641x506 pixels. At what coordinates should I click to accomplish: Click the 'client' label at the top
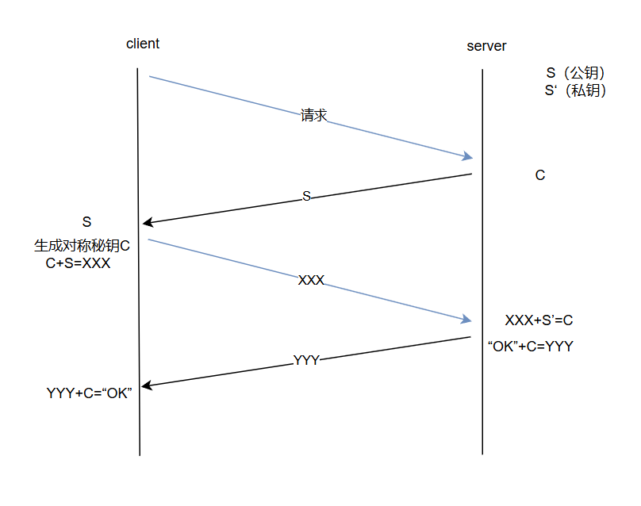click(x=143, y=44)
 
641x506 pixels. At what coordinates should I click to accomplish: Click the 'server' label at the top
click(x=486, y=46)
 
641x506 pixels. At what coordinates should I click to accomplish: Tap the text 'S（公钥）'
click(x=576, y=73)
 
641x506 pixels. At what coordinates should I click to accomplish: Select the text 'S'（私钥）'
click(x=576, y=90)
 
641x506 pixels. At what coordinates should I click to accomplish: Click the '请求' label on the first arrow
click(x=314, y=115)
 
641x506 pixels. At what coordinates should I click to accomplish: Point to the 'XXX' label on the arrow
click(x=311, y=280)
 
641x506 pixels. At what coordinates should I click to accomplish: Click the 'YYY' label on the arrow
click(x=306, y=360)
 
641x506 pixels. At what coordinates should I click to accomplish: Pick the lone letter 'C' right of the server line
click(x=540, y=175)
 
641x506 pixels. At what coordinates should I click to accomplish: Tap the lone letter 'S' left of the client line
click(x=87, y=221)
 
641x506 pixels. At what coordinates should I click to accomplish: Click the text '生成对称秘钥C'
click(x=82, y=246)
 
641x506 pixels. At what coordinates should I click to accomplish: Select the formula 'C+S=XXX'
click(x=78, y=263)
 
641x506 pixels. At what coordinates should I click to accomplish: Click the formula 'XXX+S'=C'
click(x=539, y=320)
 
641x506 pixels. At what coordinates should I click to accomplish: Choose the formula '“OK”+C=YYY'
click(x=530, y=347)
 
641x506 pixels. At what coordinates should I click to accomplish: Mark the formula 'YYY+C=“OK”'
click(x=89, y=393)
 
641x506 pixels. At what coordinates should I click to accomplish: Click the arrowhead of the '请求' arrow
click(x=468, y=156)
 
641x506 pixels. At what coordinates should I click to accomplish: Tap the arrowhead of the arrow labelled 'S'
click(x=147, y=223)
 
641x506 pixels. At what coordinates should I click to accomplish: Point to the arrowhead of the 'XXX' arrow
click(x=468, y=320)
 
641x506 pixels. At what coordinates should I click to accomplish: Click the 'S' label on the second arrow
click(x=307, y=196)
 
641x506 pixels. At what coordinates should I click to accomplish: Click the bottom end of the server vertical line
click(x=482, y=453)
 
